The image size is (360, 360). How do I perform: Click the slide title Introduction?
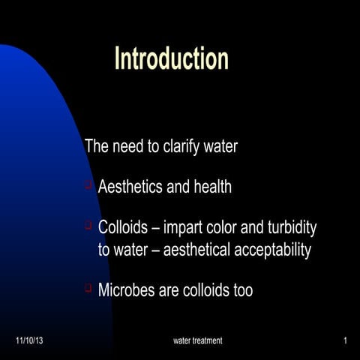[x=171, y=58]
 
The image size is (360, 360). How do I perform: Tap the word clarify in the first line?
[x=183, y=146]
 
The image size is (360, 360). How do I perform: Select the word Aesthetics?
[x=130, y=187]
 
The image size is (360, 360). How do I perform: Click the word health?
[x=211, y=187]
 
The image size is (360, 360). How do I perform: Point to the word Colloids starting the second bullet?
[x=124, y=227]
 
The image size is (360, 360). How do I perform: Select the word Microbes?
[x=127, y=290]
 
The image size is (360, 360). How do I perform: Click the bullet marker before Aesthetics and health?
[x=88, y=184]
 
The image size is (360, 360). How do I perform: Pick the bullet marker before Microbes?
[x=88, y=288]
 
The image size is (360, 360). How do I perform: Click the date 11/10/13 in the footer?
[x=29, y=341]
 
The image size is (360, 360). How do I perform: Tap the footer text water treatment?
[x=197, y=341]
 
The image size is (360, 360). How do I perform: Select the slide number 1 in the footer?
[x=344, y=341]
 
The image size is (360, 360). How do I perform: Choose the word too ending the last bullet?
[x=242, y=290]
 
